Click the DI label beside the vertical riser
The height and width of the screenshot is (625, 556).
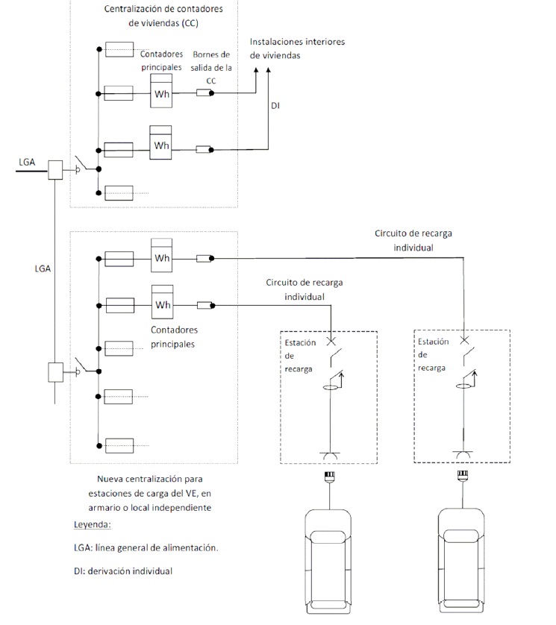click(275, 106)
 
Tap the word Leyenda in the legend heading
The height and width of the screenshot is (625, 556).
click(91, 524)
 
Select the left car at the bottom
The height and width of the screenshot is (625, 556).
click(328, 562)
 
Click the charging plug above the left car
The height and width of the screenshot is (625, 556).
click(329, 477)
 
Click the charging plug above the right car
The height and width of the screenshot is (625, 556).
click(463, 476)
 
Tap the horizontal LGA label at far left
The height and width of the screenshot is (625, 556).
click(27, 162)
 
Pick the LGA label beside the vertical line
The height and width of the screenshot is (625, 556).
click(43, 268)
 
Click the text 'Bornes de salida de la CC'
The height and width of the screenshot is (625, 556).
click(211, 67)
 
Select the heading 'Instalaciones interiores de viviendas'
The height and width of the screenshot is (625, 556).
click(297, 48)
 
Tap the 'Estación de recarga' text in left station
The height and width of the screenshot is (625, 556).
click(300, 356)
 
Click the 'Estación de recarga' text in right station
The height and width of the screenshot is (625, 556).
click(433, 354)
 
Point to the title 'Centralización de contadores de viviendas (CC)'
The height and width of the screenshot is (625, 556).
click(163, 16)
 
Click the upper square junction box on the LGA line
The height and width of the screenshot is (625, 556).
click(55, 170)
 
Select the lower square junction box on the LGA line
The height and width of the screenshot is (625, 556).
click(55, 372)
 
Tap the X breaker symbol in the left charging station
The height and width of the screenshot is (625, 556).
click(331, 341)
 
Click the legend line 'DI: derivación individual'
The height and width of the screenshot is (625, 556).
click(123, 571)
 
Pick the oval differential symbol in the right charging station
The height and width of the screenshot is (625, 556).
click(463, 386)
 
